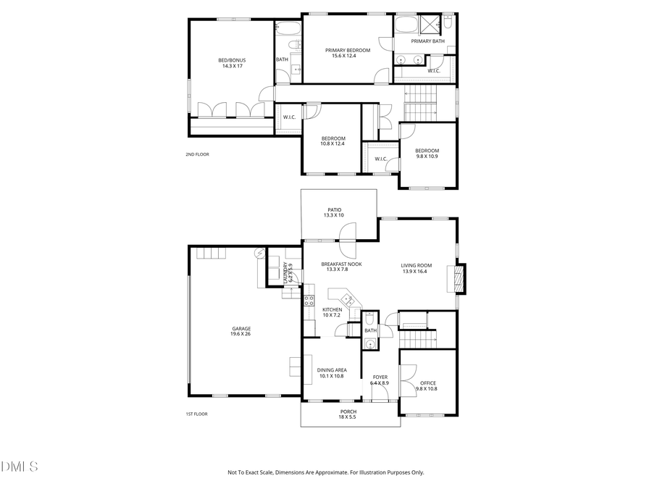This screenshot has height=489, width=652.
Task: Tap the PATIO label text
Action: tap(334, 212)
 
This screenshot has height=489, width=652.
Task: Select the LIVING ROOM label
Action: tap(416, 268)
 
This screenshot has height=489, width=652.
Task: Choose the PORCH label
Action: tap(348, 414)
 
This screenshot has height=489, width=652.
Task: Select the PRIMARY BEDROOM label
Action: tap(347, 53)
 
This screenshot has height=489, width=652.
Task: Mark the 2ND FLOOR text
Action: tap(197, 154)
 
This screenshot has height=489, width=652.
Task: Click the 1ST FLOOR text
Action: tap(196, 414)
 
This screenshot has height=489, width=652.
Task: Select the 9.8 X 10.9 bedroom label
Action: tap(427, 154)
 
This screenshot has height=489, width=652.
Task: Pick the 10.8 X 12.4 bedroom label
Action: tap(333, 141)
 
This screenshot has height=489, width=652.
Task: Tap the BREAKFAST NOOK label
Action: tap(341, 267)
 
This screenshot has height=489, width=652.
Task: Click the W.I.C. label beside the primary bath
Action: tap(435, 70)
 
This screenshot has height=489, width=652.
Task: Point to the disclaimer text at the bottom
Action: tap(326, 472)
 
